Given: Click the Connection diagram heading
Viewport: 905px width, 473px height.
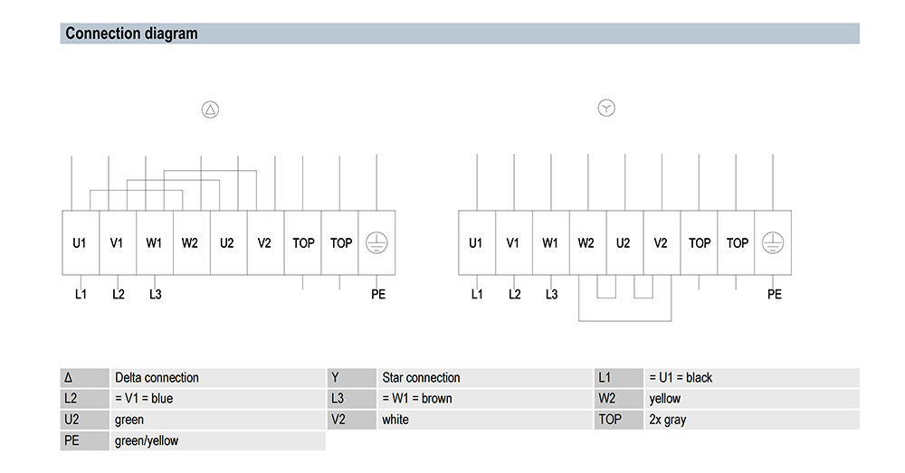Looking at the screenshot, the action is tap(131, 33).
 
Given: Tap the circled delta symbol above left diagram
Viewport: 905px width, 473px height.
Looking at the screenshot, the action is tap(210, 109).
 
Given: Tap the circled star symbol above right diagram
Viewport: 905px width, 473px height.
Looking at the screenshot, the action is tap(606, 108).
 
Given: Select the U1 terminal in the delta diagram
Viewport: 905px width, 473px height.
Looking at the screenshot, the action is tap(81, 243).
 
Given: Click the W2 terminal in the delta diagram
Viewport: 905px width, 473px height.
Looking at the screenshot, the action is tap(192, 243).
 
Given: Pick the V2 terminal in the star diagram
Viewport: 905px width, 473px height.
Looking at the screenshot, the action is tap(662, 243).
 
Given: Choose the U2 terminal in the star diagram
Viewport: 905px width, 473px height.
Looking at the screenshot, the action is tap(625, 243).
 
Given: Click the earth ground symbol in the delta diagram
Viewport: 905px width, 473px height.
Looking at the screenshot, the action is tap(376, 243).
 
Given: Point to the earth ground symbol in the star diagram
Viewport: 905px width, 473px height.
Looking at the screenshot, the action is tap(773, 243).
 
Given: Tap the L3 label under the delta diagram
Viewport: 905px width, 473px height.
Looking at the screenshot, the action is tap(156, 294).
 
